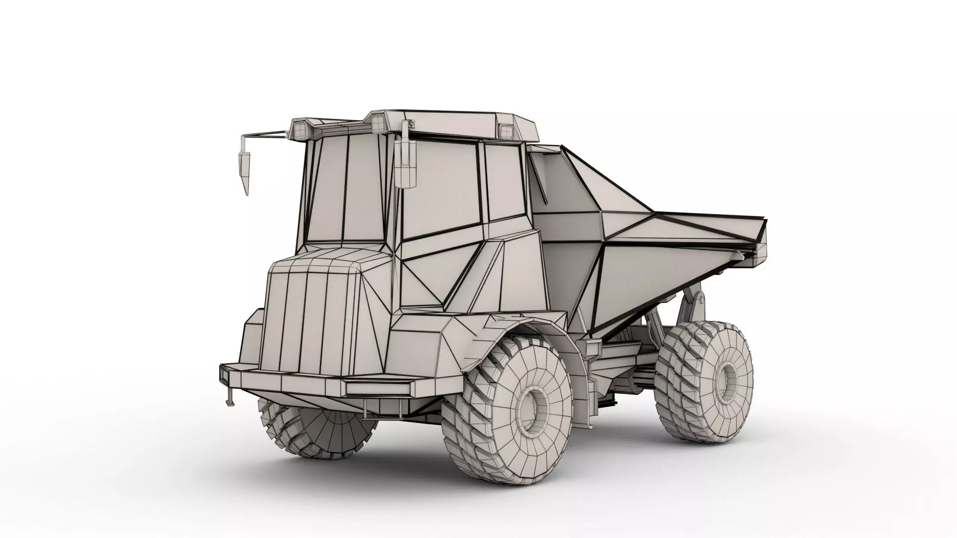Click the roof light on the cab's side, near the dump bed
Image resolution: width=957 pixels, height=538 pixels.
(506, 131)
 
